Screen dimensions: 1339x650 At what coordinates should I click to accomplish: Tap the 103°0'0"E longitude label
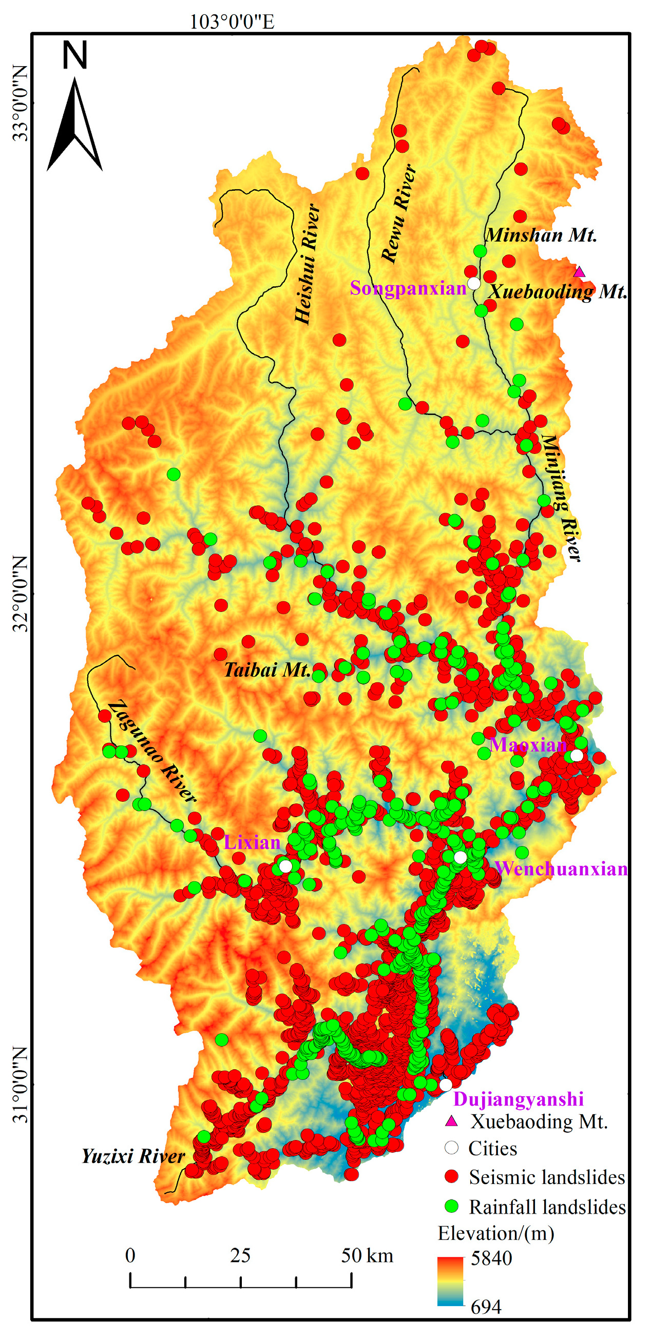pyautogui.click(x=232, y=22)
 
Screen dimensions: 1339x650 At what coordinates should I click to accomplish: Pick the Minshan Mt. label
pyautogui.click(x=541, y=235)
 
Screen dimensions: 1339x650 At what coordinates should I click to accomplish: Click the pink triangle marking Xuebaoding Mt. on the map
pyautogui.click(x=579, y=272)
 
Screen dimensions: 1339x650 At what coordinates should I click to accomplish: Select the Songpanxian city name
pyautogui.click(x=408, y=288)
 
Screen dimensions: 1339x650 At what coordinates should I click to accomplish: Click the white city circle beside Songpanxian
pyautogui.click(x=474, y=283)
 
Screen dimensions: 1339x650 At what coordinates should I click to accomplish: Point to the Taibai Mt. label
pyautogui.click(x=267, y=669)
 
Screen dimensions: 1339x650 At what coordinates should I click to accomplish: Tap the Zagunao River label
pyautogui.click(x=152, y=751)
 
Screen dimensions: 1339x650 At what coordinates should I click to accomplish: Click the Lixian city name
pyautogui.click(x=252, y=842)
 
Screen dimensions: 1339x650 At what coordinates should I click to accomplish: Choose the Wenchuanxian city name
pyautogui.click(x=561, y=869)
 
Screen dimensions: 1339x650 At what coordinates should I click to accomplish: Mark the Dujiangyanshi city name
pyautogui.click(x=519, y=1099)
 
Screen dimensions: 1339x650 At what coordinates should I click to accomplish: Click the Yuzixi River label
pyautogui.click(x=133, y=1156)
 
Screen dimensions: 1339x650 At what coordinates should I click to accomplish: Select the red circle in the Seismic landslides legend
pyautogui.click(x=451, y=1177)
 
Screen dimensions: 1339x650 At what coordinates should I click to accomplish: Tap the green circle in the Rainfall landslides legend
pyautogui.click(x=451, y=1206)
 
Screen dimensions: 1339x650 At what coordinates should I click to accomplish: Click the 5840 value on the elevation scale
pyautogui.click(x=491, y=1258)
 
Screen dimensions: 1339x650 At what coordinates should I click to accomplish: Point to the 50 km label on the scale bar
pyautogui.click(x=367, y=1256)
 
